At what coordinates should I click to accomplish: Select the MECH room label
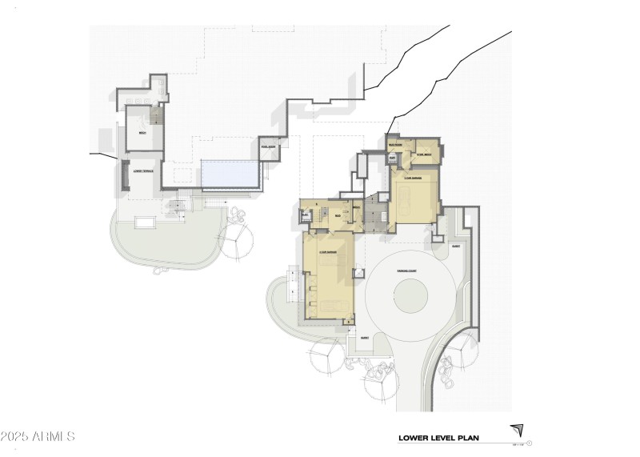click(x=142, y=132)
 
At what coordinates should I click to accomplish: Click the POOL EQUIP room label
click(x=268, y=147)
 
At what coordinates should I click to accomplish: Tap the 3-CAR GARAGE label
click(x=328, y=252)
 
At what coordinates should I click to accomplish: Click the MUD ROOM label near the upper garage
click(x=395, y=145)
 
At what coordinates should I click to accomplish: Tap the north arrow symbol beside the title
click(x=518, y=431)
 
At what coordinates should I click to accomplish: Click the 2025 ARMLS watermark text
click(x=38, y=437)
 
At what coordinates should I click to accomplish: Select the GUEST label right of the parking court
click(x=456, y=247)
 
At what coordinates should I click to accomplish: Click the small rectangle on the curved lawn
click(x=146, y=222)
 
